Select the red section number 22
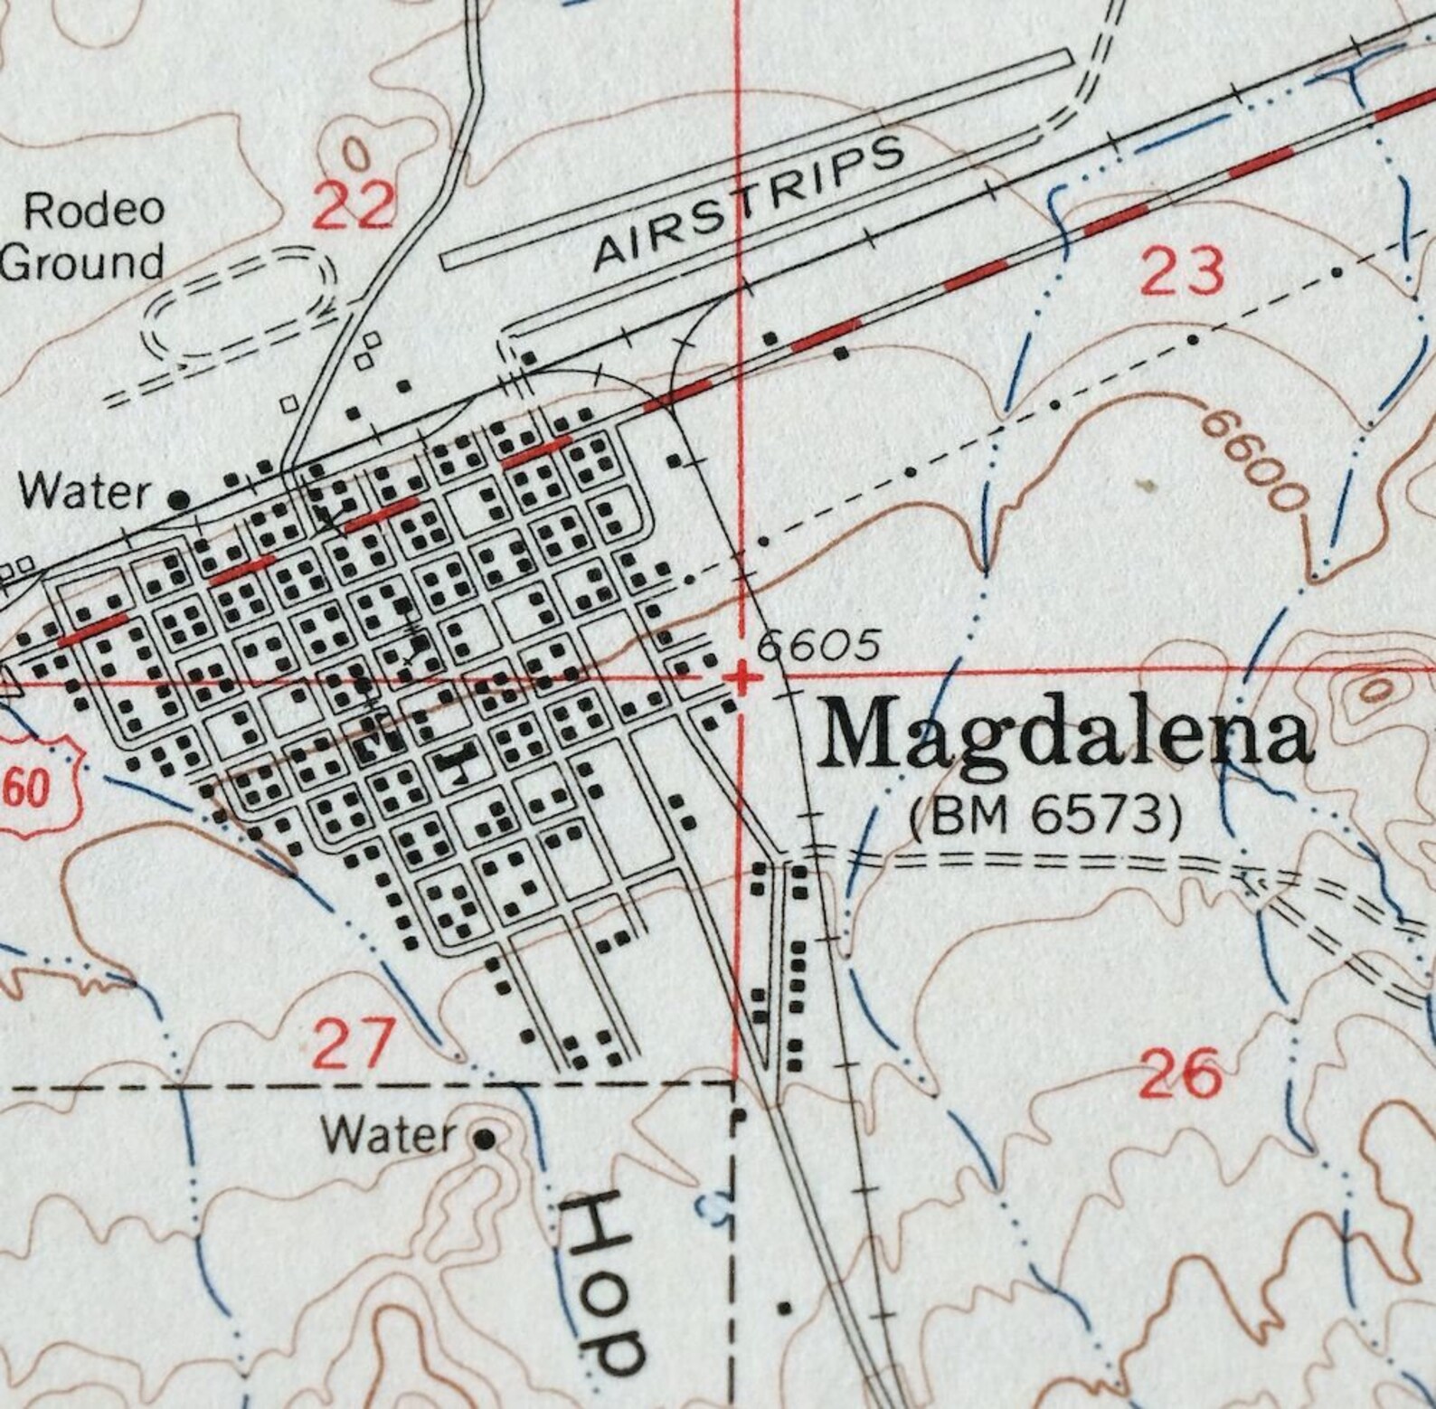click(x=354, y=204)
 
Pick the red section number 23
click(x=1182, y=270)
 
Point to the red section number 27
click(x=354, y=1043)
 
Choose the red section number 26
click(x=1180, y=1073)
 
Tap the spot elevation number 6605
click(x=817, y=646)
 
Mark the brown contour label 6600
click(x=1255, y=457)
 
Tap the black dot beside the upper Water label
click(x=181, y=498)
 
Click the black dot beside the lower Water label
click(x=486, y=1138)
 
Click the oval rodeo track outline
click(x=240, y=303)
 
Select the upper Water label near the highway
click(x=86, y=493)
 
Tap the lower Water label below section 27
click(x=389, y=1134)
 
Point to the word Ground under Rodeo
click(x=83, y=262)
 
